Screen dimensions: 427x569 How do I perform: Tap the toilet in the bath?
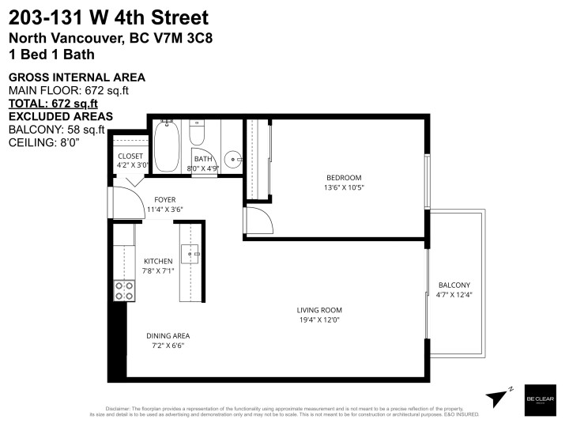pos(198,130)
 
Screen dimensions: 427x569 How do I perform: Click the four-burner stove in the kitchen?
pos(123,290)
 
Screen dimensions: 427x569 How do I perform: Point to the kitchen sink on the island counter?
pos(190,253)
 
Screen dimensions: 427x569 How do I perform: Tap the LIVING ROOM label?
pos(318,310)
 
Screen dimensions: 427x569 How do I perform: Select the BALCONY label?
pos(454,285)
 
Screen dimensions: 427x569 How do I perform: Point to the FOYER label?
pos(164,199)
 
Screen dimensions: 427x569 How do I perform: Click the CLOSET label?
pos(130,156)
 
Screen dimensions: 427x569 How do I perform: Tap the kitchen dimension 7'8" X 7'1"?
pos(158,271)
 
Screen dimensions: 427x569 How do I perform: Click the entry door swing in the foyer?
pos(122,193)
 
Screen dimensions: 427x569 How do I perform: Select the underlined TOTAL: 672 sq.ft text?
pos(53,103)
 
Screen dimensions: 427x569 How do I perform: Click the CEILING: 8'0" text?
pos(44,142)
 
